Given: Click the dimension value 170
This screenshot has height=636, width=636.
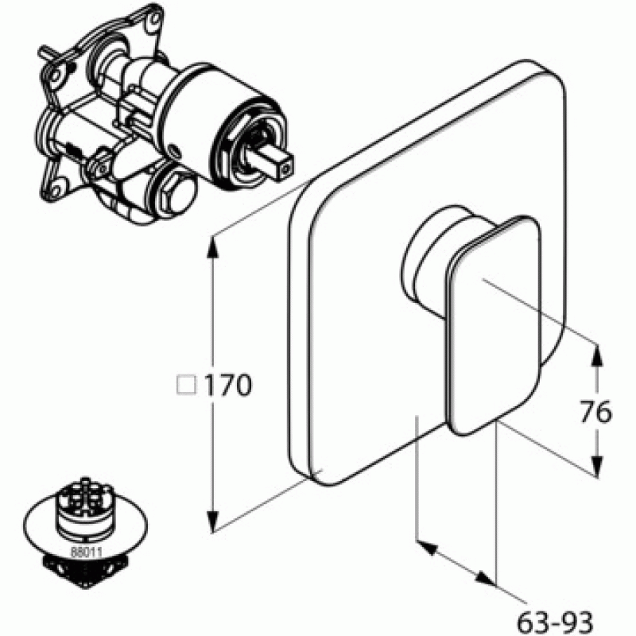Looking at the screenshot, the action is [x=227, y=385].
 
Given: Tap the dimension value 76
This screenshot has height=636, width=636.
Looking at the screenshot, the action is [x=595, y=412].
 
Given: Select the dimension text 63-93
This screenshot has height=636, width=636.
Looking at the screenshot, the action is [x=555, y=622].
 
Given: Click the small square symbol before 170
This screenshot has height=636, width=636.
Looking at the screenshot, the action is [x=187, y=385].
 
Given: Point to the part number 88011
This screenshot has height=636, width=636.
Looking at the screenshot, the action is [x=87, y=552].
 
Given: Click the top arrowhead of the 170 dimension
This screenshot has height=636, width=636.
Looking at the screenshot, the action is [x=212, y=246].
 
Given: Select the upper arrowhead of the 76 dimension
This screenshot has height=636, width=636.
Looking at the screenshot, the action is [x=595, y=354].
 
